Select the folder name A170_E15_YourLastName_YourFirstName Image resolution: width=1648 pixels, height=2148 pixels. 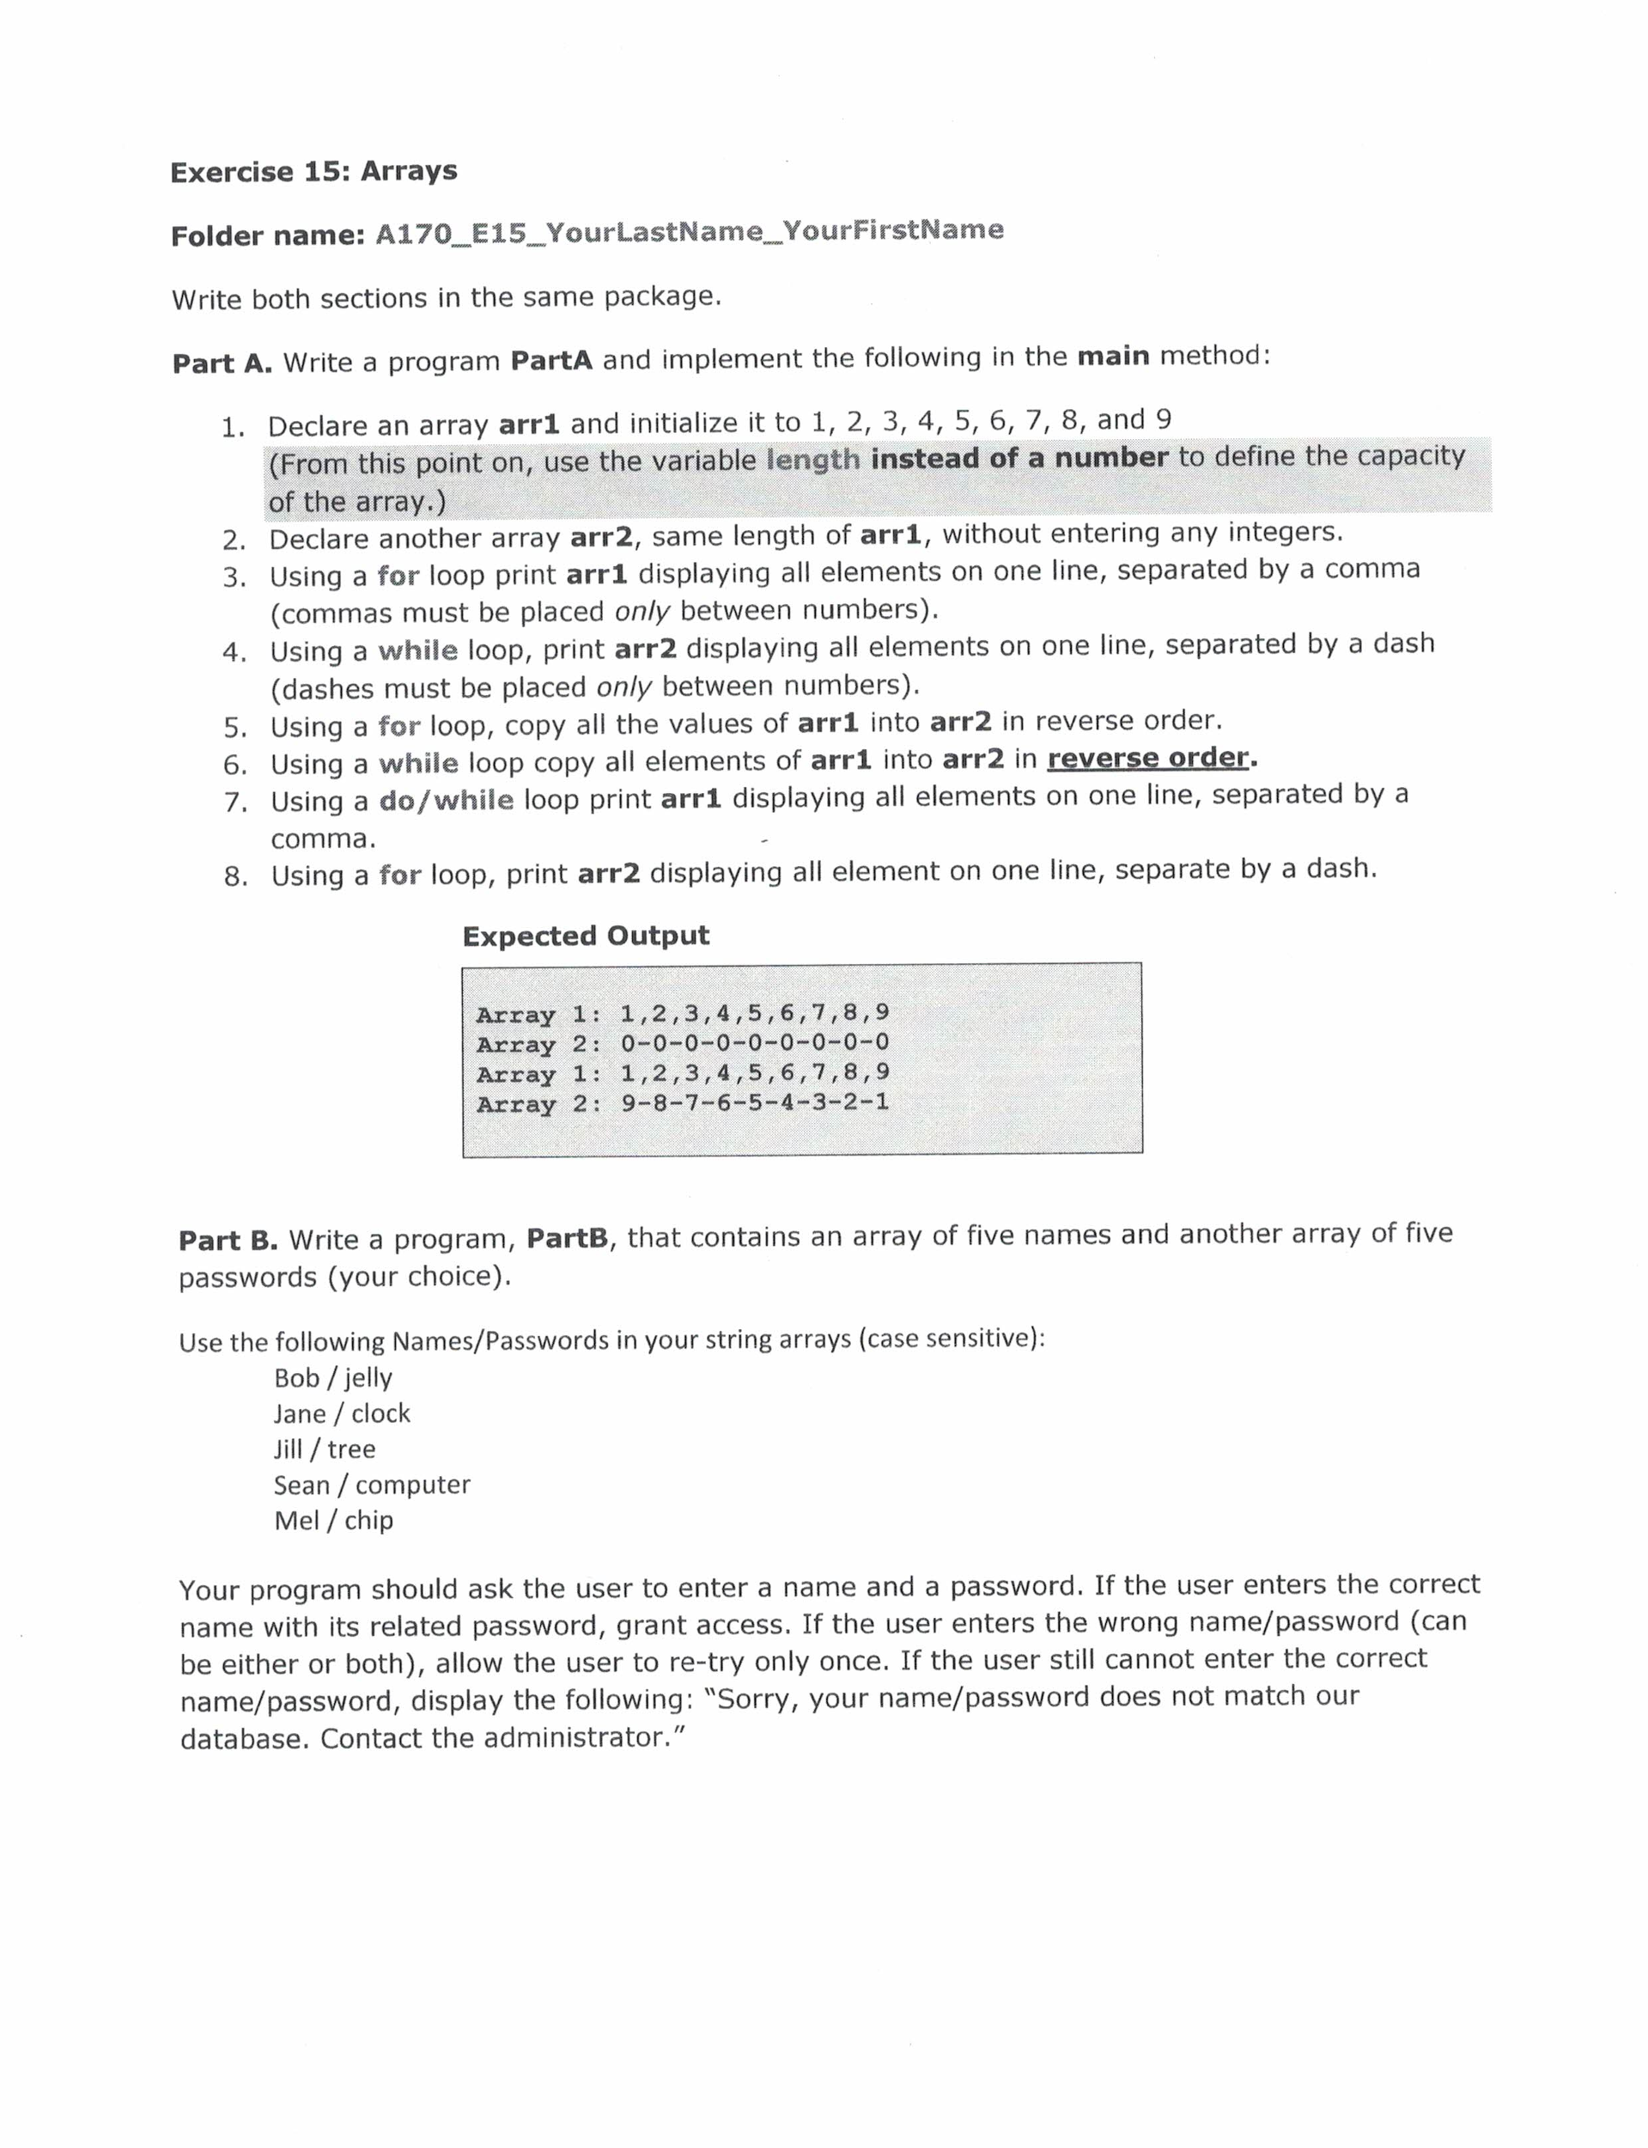[x=689, y=232]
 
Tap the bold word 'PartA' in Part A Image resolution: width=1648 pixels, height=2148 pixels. [x=551, y=360]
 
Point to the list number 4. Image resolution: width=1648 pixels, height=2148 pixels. [x=234, y=652]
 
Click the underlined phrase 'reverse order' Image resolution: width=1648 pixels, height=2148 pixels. [x=1147, y=758]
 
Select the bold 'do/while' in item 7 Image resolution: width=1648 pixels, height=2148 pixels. [x=447, y=800]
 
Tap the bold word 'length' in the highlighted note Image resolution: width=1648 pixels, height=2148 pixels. [x=812, y=459]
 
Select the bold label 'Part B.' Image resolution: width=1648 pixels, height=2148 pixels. [x=228, y=1241]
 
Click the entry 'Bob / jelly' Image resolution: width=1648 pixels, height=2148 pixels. [x=332, y=1377]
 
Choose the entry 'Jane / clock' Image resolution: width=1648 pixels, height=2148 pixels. [x=342, y=1414]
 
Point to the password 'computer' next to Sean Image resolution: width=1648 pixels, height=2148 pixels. [x=412, y=1485]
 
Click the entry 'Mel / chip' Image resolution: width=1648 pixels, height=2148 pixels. [x=333, y=1520]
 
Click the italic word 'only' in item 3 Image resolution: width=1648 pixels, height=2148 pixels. [x=642, y=612]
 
